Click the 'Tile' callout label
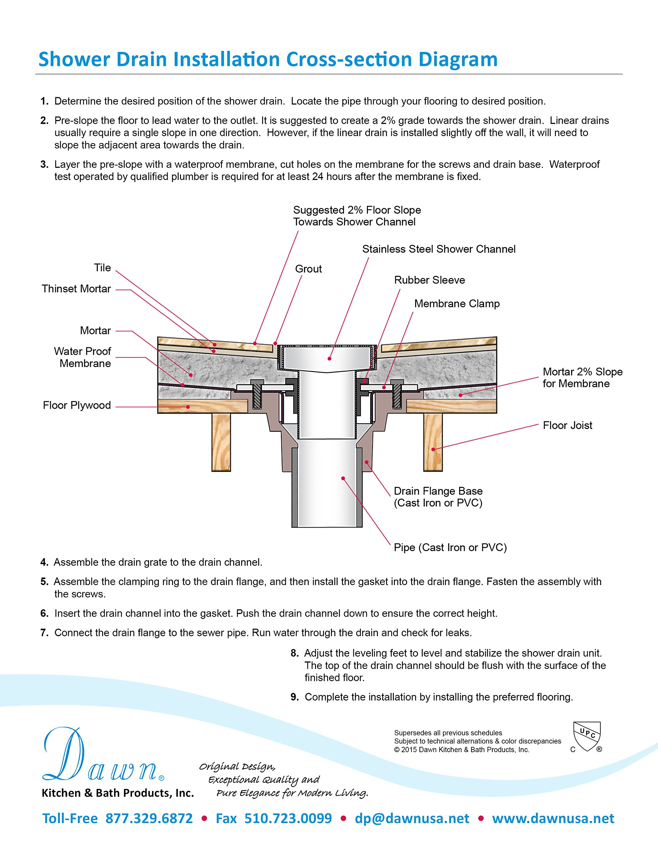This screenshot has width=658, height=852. click(x=102, y=268)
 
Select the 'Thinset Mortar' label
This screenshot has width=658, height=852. click(x=77, y=289)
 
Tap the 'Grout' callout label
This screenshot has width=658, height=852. click(x=308, y=269)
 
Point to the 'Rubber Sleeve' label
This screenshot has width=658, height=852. click(x=429, y=280)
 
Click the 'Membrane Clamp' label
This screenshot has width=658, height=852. click(x=457, y=304)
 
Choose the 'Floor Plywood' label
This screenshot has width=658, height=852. click(x=77, y=405)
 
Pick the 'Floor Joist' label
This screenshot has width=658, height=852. click(x=568, y=425)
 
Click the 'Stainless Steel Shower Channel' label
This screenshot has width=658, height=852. click(x=439, y=249)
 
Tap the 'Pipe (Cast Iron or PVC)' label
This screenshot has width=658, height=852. click(x=450, y=547)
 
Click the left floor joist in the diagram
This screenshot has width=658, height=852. click(x=221, y=442)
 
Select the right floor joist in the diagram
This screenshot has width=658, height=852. click(x=433, y=442)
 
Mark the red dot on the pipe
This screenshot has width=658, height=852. click(x=343, y=478)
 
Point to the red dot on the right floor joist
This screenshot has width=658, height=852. click(x=433, y=449)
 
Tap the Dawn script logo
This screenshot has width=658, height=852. click(x=103, y=755)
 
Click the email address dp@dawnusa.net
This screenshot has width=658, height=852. click(x=412, y=818)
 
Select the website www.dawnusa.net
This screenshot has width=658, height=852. click(x=553, y=818)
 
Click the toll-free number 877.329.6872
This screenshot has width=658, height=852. click(x=149, y=818)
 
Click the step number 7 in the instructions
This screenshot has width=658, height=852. click(x=45, y=633)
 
